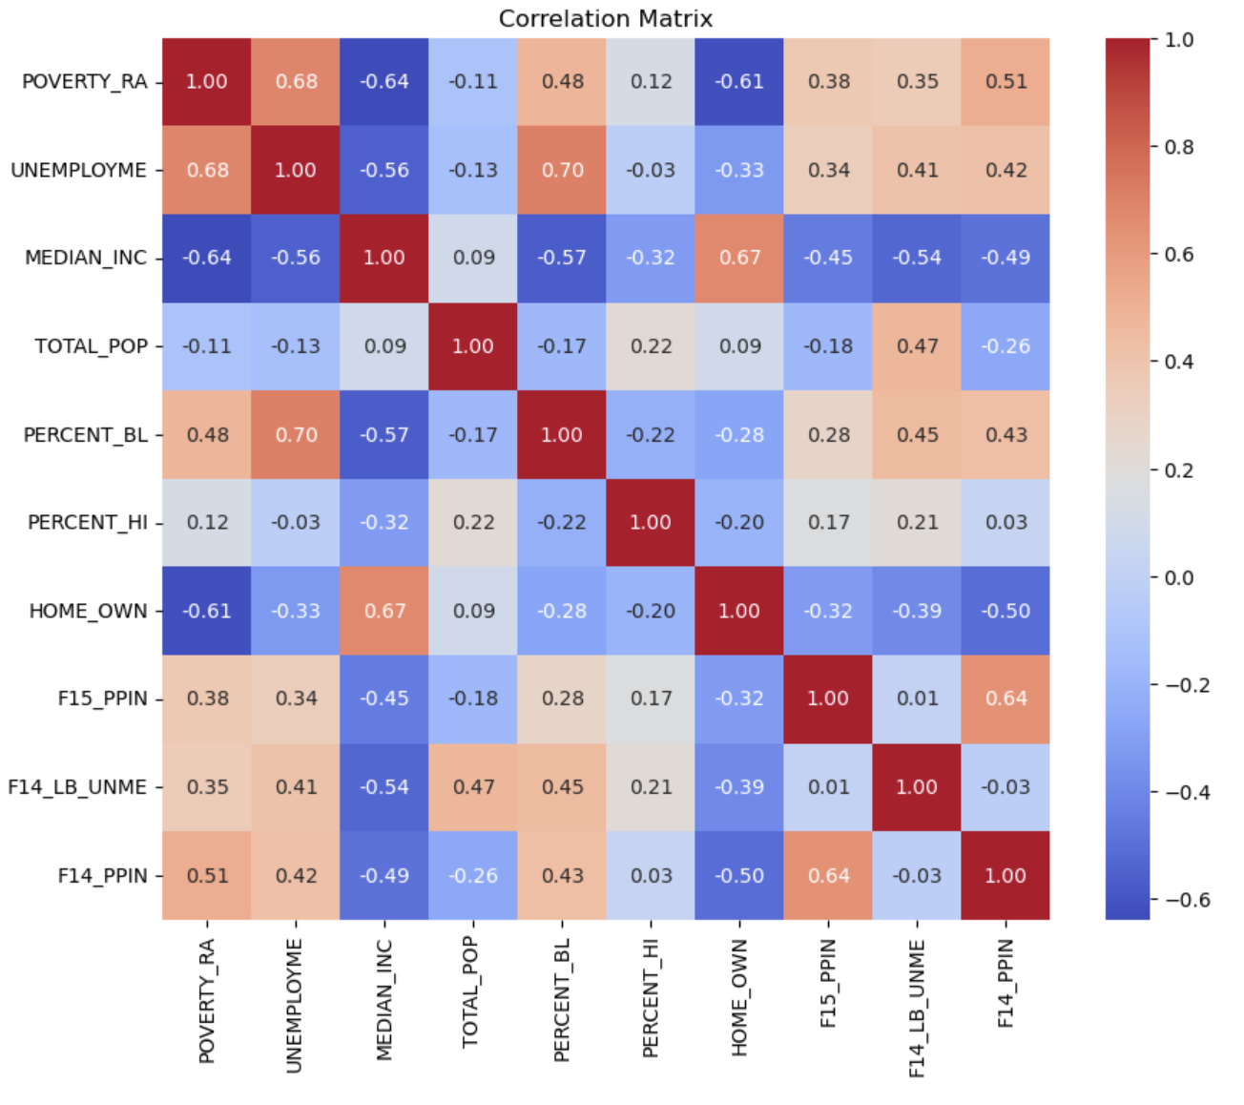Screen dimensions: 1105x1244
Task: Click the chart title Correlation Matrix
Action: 605,19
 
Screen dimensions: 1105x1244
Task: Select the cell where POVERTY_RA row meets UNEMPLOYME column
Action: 296,82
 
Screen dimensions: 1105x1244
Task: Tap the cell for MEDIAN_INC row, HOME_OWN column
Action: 739,258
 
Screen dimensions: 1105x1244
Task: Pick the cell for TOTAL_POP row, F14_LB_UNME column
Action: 917,346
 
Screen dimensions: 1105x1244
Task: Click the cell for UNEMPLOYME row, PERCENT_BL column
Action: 562,170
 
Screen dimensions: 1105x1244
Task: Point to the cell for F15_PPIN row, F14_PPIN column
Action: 1006,698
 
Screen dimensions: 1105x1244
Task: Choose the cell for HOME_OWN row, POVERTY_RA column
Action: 207,611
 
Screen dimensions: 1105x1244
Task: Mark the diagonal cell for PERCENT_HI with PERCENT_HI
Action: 651,523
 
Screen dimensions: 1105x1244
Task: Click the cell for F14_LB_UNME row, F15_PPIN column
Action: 828,787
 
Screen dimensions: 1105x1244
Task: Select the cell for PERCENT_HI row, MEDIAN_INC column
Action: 384,523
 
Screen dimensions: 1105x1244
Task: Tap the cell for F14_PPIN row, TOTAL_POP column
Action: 473,876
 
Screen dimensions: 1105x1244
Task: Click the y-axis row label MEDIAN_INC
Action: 86,258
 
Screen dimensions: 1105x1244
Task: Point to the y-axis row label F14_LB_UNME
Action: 77,787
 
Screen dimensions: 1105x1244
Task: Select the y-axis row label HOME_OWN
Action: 88,611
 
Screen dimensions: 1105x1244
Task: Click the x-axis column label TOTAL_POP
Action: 471,992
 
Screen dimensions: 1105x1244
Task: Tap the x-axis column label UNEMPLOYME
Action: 294,1006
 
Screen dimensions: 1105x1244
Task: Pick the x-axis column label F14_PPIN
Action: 1006,983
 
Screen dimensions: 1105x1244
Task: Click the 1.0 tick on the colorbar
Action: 1179,40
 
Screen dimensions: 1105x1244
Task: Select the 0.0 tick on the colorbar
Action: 1179,577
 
